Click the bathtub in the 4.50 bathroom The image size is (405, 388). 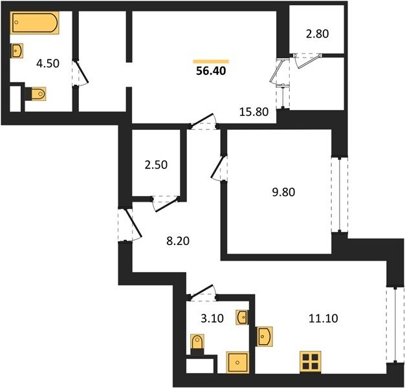tap(34, 23)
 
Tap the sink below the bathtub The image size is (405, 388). tap(17, 51)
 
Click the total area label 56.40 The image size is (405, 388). tap(211, 70)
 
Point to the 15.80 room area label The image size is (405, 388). tap(254, 112)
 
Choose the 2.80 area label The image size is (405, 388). tap(317, 34)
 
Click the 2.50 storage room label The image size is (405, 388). tap(156, 165)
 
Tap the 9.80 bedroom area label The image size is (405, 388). tap(283, 192)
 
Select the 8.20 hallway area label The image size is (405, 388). tap(178, 241)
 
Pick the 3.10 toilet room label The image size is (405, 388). tap(212, 318)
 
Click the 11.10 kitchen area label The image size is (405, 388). tap(323, 318)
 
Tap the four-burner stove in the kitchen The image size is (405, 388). tap(311, 362)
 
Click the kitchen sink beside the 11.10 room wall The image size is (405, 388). tap(265, 336)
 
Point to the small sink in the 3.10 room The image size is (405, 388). tap(242, 318)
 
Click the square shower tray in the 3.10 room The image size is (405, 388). tap(237, 362)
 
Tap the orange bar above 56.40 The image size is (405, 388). tap(211, 61)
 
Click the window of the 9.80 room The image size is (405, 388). tap(340, 195)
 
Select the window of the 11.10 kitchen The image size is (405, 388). tap(395, 325)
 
